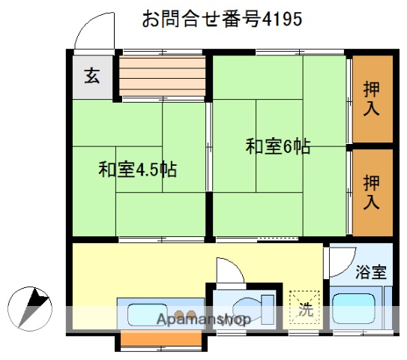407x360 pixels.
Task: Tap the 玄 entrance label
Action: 91,76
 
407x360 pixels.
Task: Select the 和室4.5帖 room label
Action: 137,169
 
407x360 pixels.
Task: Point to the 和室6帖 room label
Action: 277,146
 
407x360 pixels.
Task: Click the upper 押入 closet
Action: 372,98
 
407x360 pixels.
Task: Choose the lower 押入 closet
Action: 372,192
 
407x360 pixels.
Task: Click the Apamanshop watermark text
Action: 202,320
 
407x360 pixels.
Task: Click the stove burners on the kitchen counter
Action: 184,312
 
